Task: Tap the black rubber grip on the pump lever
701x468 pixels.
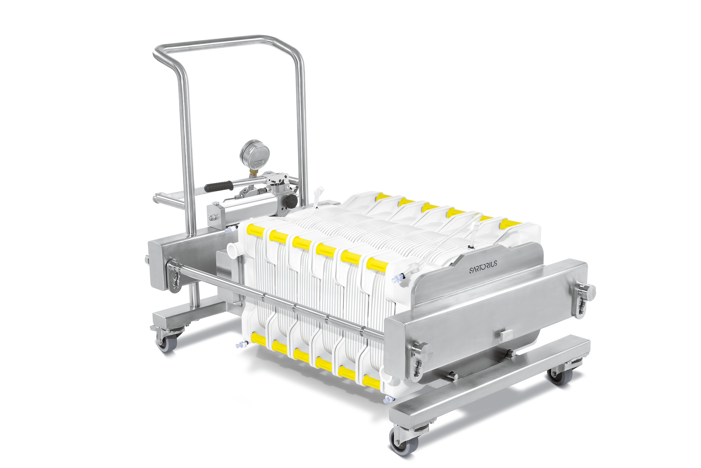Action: (219, 186)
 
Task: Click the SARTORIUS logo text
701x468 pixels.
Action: (483, 266)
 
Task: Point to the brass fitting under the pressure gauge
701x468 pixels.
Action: (253, 172)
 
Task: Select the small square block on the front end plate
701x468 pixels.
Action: (506, 335)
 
